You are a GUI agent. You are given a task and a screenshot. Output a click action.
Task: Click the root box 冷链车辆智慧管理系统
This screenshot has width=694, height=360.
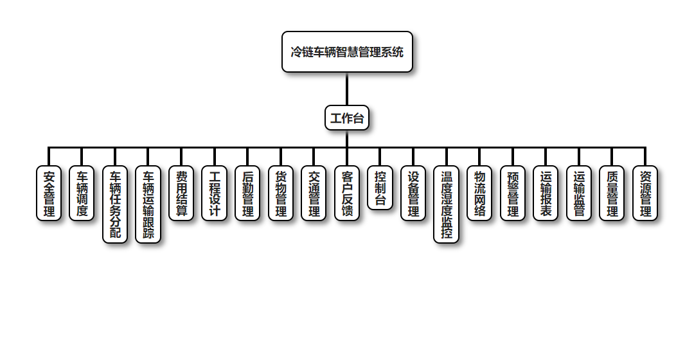347,52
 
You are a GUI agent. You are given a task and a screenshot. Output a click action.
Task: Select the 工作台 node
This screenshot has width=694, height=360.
347,118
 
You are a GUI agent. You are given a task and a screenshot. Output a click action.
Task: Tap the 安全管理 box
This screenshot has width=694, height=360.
49,194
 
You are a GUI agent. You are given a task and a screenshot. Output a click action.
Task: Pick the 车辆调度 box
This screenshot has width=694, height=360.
82,194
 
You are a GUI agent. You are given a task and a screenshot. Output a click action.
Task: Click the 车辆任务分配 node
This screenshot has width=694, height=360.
115,204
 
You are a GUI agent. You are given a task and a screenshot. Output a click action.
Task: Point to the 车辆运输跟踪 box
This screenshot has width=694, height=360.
148,204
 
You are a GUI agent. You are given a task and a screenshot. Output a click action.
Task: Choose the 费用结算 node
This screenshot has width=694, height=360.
181,194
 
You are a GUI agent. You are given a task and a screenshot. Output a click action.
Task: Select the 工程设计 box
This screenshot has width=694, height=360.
215,194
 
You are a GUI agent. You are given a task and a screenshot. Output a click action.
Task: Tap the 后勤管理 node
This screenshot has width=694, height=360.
247,194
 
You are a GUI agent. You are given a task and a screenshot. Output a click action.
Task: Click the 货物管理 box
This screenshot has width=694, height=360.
281,194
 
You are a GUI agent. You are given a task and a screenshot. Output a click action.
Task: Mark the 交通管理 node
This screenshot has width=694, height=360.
314,194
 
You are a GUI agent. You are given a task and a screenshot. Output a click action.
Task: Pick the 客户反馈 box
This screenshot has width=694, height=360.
347,194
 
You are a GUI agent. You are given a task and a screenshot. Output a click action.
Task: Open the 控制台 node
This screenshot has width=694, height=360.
380,188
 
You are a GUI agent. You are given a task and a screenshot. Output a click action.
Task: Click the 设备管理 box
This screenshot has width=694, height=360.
413,194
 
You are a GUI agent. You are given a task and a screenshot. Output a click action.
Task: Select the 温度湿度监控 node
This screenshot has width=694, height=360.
447,204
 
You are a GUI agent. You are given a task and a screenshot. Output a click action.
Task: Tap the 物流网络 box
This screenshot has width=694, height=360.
479,194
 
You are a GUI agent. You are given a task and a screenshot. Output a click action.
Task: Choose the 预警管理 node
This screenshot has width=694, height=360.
513,194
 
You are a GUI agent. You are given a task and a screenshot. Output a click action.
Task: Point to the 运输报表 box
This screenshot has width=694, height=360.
546,194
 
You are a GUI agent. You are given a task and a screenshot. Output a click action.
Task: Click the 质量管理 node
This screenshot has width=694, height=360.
612,194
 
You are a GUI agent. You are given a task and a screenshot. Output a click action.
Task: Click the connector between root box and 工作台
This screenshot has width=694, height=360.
347,89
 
